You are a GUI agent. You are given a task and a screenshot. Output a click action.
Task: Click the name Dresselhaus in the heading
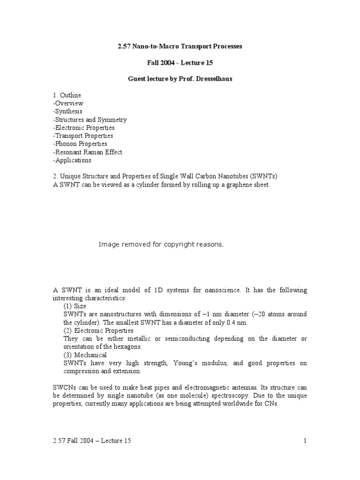pos(210,79)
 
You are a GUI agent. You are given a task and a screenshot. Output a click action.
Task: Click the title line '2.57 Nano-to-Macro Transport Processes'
pos(180,47)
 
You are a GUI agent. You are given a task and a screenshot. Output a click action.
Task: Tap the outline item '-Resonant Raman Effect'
pos(88,152)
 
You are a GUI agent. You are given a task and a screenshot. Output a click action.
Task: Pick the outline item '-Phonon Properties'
pos(80,144)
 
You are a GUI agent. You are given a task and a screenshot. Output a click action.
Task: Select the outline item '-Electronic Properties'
pos(84,127)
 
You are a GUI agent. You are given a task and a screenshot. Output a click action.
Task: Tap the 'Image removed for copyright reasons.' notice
pos(161,244)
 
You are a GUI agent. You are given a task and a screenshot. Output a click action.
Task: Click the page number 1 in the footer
pos(305,440)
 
